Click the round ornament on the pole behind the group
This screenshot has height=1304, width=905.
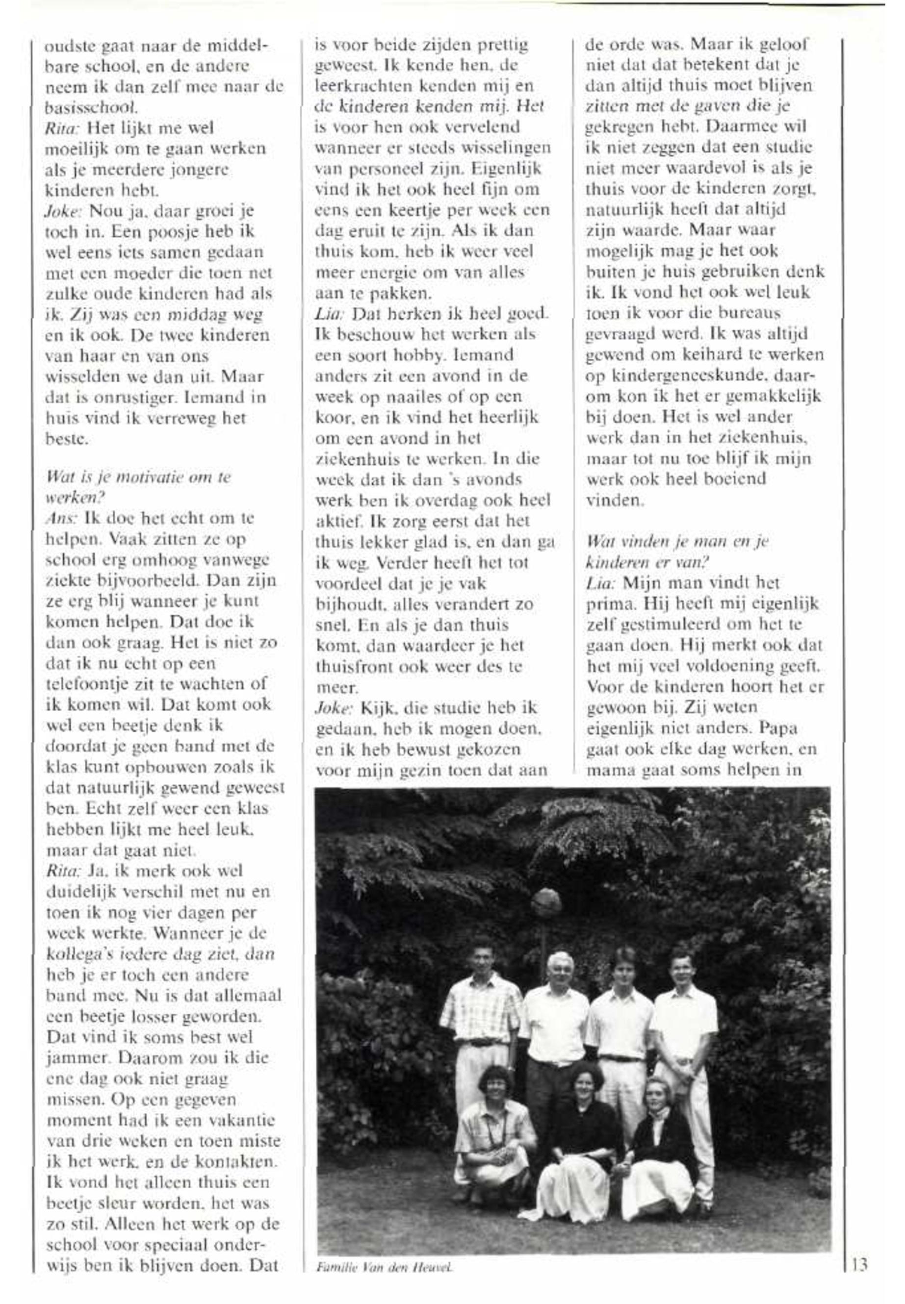tap(545, 902)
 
